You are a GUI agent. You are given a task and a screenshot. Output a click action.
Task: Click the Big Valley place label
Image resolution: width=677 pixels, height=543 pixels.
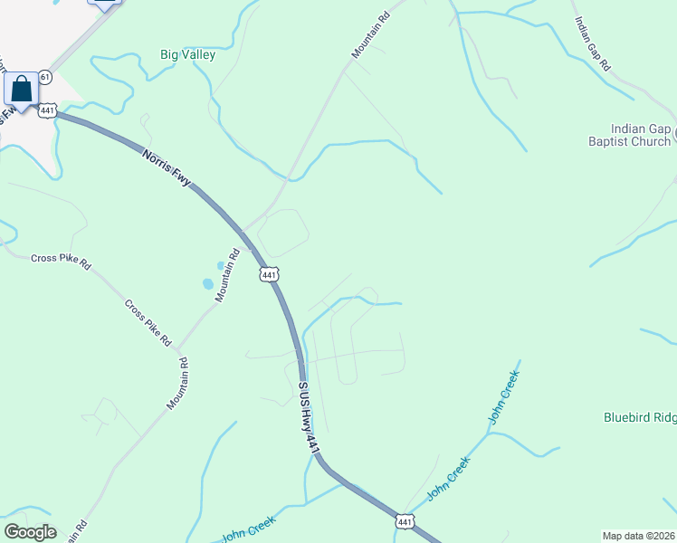[x=188, y=54]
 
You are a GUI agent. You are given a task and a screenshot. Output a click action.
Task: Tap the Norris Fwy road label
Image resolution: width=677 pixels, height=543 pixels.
[x=167, y=168]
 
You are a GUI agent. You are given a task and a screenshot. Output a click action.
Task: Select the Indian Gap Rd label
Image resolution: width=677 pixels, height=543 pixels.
[x=593, y=43]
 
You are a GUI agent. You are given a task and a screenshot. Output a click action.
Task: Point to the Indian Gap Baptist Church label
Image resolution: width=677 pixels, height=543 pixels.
[x=641, y=135]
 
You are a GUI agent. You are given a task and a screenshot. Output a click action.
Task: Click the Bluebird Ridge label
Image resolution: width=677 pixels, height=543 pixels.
[x=640, y=417]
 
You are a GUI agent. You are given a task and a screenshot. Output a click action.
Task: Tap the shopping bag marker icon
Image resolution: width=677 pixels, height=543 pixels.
[x=21, y=90]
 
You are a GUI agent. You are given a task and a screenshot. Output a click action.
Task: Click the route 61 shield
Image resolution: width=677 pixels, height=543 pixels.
[x=45, y=79]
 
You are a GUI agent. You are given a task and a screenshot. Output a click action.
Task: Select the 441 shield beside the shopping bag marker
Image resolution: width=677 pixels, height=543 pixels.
[x=48, y=110]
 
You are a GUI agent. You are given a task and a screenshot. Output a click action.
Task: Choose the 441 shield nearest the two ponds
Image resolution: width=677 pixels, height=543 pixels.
[x=267, y=274]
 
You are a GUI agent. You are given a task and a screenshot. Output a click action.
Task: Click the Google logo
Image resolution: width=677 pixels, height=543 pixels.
[x=30, y=532]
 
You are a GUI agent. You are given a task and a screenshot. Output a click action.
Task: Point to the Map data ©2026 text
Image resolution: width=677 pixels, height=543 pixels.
[x=639, y=535]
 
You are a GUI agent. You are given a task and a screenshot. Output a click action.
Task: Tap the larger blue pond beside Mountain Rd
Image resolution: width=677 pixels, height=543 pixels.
[x=208, y=283]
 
